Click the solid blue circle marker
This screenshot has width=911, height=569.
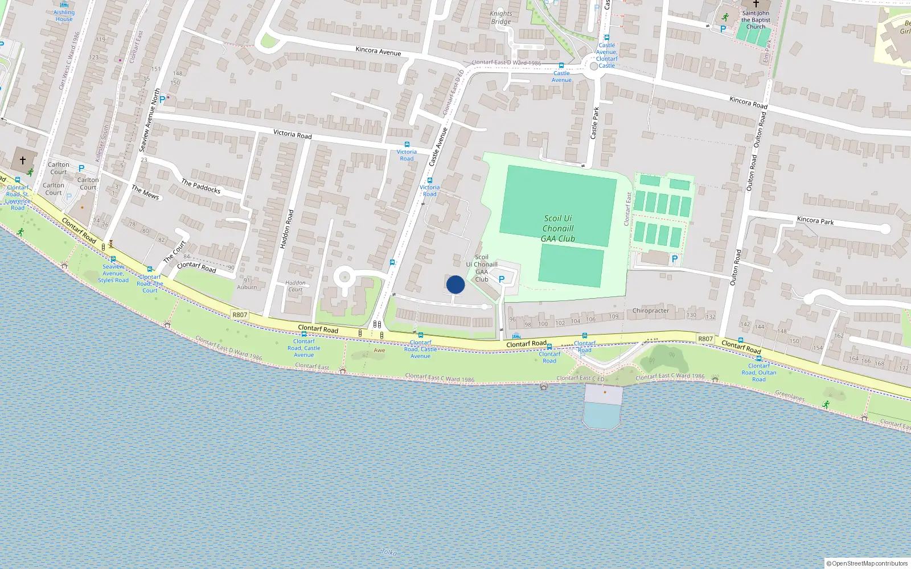455,284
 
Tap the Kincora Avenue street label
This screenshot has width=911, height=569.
378,51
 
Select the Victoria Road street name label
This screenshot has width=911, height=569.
292,134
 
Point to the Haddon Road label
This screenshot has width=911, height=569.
287,229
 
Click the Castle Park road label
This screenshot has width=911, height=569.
594,123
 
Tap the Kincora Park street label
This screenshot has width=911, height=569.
815,221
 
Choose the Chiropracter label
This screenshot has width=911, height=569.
650,311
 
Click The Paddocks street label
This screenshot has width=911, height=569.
200,186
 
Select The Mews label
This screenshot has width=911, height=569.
145,192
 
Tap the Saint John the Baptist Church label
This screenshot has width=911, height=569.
756,20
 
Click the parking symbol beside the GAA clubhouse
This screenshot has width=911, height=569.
502,279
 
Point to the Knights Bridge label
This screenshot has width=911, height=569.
501,18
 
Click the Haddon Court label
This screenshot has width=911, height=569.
295,286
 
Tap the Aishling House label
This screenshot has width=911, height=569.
64,16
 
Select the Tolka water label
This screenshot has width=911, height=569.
389,552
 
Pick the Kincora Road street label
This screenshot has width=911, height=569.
748,102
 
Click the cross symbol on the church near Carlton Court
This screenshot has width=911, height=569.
23,160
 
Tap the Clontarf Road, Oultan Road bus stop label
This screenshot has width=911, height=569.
758,373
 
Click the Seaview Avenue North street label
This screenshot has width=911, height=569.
149,120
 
